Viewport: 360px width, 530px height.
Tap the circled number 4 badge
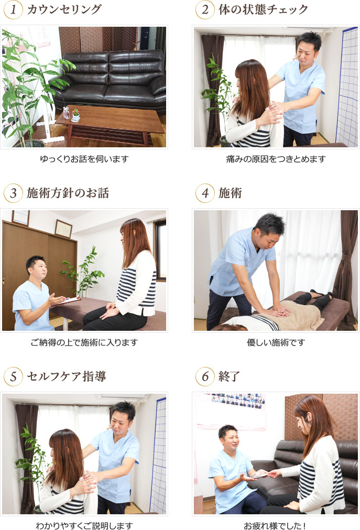click(x=205, y=193)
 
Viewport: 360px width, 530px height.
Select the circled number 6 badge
click(x=205, y=376)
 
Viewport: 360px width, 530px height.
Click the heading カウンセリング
click(x=64, y=9)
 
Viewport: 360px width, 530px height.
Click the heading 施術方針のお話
click(x=68, y=193)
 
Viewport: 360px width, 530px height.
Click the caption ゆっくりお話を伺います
click(x=84, y=158)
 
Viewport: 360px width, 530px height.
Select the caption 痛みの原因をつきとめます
click(x=276, y=158)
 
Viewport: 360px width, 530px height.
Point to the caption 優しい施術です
click(x=276, y=342)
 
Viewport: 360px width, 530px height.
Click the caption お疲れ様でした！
click(x=276, y=525)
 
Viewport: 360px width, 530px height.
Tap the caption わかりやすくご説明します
click(x=84, y=525)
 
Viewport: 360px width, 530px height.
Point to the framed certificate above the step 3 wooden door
click(x=63, y=228)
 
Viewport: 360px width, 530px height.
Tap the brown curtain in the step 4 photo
click(x=346, y=262)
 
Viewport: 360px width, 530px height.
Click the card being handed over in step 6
click(x=259, y=475)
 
